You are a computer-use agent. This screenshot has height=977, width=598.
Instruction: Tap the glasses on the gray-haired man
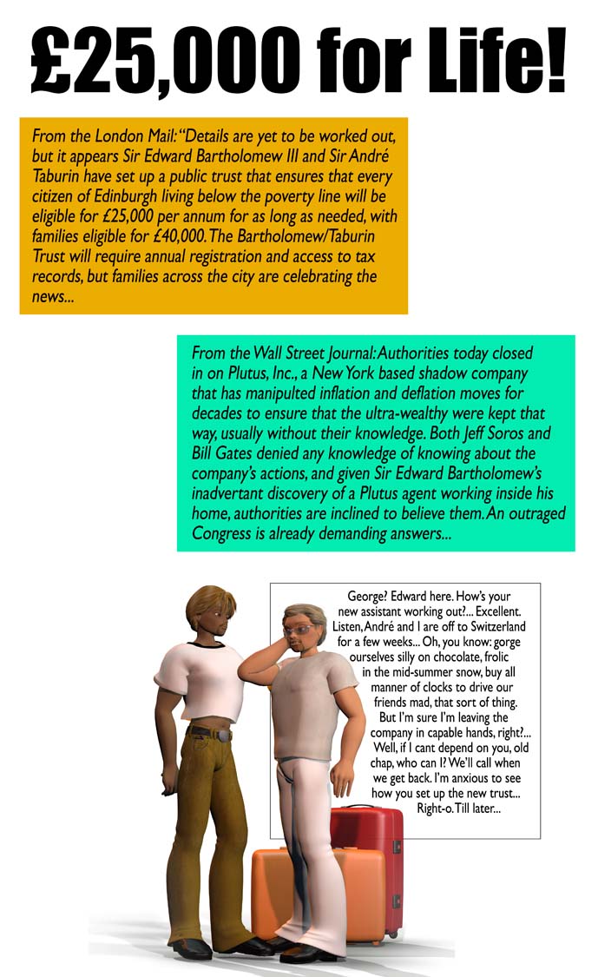(x=303, y=630)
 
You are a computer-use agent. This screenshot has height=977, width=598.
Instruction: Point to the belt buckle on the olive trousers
(x=223, y=736)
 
